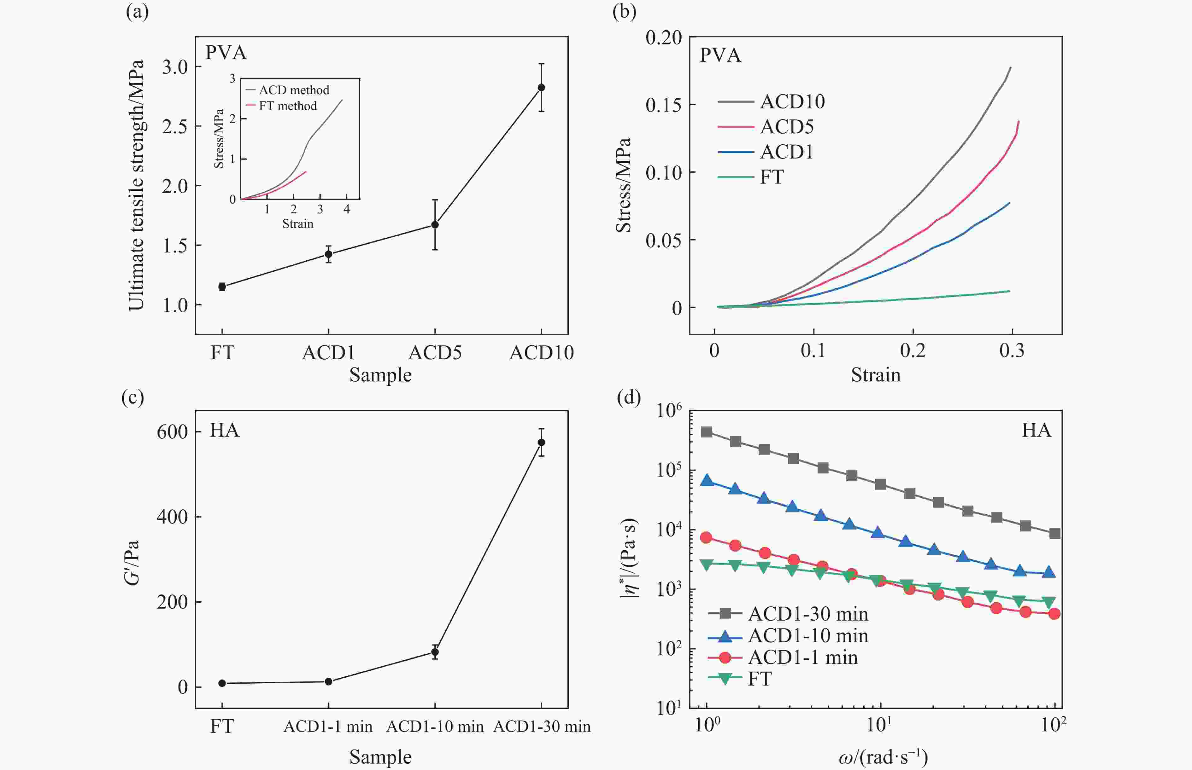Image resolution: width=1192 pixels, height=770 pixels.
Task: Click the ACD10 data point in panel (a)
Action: click(541, 88)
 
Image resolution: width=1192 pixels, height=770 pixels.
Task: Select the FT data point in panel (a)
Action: click(222, 287)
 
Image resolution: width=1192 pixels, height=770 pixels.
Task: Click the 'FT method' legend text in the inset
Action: click(288, 106)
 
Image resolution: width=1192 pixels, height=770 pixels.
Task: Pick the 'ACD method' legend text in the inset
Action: click(294, 90)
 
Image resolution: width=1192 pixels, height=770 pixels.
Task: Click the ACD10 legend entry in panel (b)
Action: click(792, 101)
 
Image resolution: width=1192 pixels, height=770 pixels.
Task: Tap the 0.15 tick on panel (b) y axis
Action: click(664, 105)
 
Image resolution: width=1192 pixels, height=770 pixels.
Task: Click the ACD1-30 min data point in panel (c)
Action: click(541, 443)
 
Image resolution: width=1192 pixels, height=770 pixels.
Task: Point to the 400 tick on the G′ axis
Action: click(172, 517)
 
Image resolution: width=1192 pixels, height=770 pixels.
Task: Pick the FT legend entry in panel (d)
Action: click(760, 679)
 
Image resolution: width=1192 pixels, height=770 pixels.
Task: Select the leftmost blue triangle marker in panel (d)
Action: click(707, 480)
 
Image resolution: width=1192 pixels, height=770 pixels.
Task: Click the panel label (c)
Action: click(132, 397)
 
